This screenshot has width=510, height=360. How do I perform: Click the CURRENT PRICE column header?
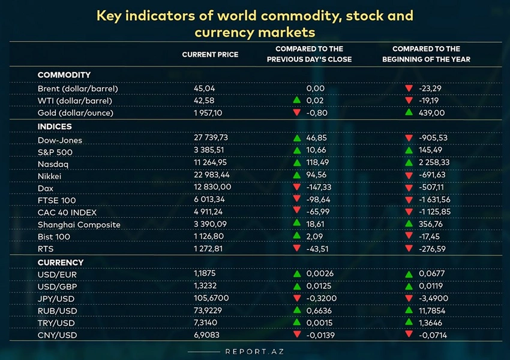pyautogui.click(x=210, y=55)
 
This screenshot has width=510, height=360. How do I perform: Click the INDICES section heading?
pyautogui.click(x=55, y=127)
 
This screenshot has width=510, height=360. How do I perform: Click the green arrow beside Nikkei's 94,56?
pyautogui.click(x=296, y=176)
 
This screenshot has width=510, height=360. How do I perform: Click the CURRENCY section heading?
pyautogui.click(x=60, y=263)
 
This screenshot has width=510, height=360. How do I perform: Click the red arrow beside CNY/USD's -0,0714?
pyautogui.click(x=409, y=335)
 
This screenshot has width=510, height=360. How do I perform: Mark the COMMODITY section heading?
pyautogui.click(x=64, y=75)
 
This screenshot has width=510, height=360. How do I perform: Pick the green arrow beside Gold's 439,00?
pyautogui.click(x=409, y=113)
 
